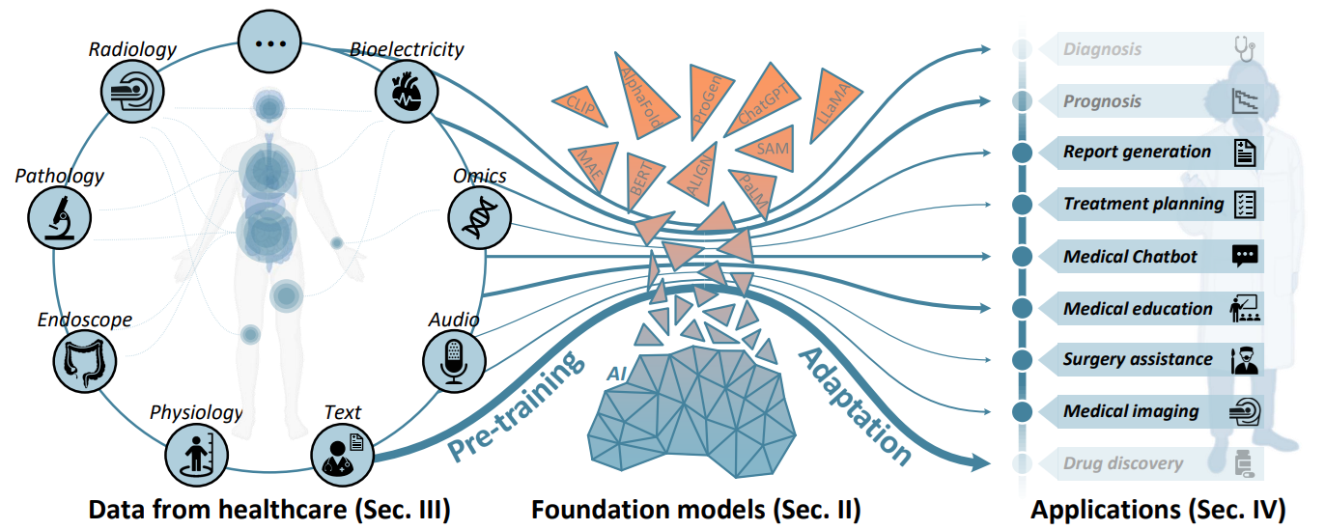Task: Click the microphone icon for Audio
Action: pos(452,358)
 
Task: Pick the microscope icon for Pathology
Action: pos(58,214)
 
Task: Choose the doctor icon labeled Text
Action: pos(340,452)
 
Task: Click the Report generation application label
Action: pos(1137,152)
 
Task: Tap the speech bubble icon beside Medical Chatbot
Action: pos(1245,257)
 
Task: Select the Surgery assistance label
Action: pos(1137,359)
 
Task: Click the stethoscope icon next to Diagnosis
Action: pos(1245,48)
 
